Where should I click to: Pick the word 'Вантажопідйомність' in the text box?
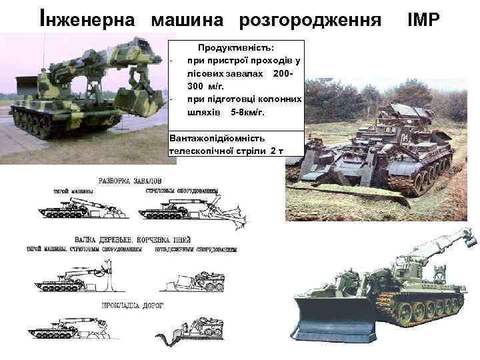217,138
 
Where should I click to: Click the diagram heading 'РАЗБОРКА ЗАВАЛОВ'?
129,181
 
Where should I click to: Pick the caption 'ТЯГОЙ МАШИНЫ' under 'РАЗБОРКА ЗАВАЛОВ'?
71,191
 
